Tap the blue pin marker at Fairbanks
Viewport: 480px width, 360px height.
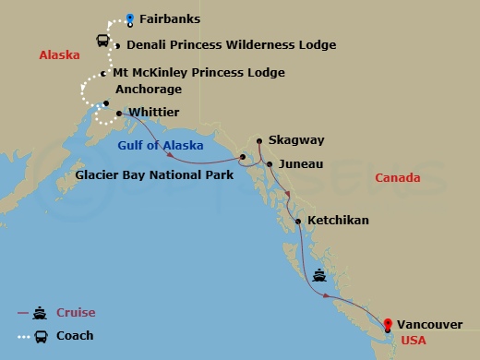[x=130, y=18]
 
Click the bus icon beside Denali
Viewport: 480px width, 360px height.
[x=104, y=41]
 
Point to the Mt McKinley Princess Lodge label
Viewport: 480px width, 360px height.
[x=198, y=73]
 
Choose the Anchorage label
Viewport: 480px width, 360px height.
[x=147, y=90]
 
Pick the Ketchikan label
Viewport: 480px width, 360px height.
[x=338, y=221]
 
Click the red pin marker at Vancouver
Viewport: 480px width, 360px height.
[x=389, y=324]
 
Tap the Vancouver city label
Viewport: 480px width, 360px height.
[x=430, y=324]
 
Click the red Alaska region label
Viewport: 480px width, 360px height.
[x=58, y=56]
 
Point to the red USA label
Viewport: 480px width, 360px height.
[x=413, y=341]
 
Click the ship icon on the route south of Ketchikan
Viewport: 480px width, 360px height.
[x=319, y=273]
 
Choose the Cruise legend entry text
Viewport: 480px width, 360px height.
[x=76, y=313]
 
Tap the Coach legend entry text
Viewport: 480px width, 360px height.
[x=75, y=336]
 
